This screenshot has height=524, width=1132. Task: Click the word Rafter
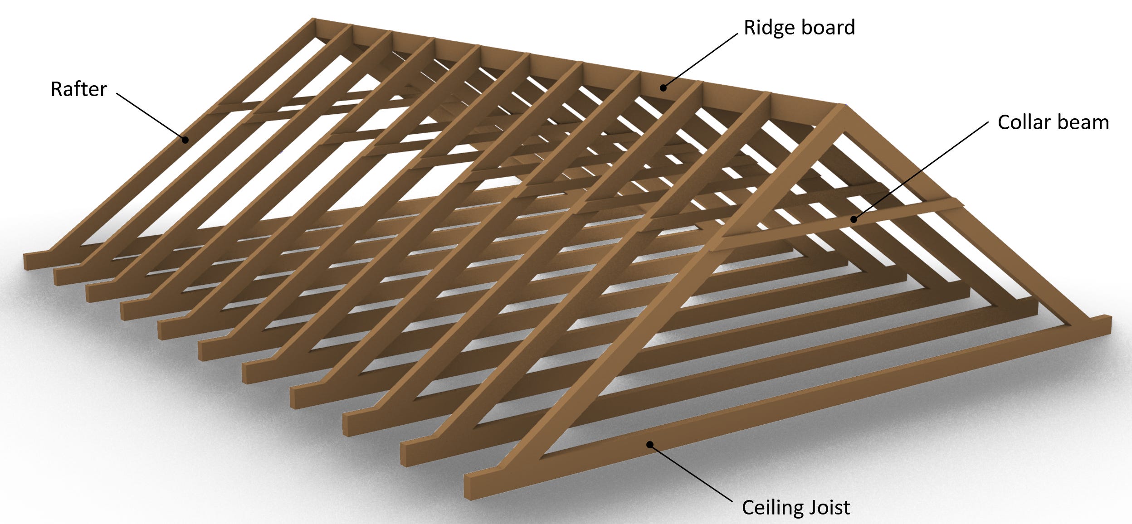(x=78, y=89)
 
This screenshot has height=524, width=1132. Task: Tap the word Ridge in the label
(x=768, y=28)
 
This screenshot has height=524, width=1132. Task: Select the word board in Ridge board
(x=828, y=27)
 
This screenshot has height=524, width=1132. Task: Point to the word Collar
(x=1024, y=122)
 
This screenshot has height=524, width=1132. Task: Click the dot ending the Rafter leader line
(x=185, y=140)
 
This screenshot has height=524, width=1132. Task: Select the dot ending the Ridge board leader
(x=663, y=88)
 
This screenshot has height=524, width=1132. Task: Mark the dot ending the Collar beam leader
(x=854, y=219)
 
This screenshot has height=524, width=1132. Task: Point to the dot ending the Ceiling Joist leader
(x=650, y=445)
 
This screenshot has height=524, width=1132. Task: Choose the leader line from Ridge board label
(x=701, y=60)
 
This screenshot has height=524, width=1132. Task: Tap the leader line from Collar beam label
(x=921, y=171)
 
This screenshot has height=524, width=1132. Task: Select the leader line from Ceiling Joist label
(x=691, y=473)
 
